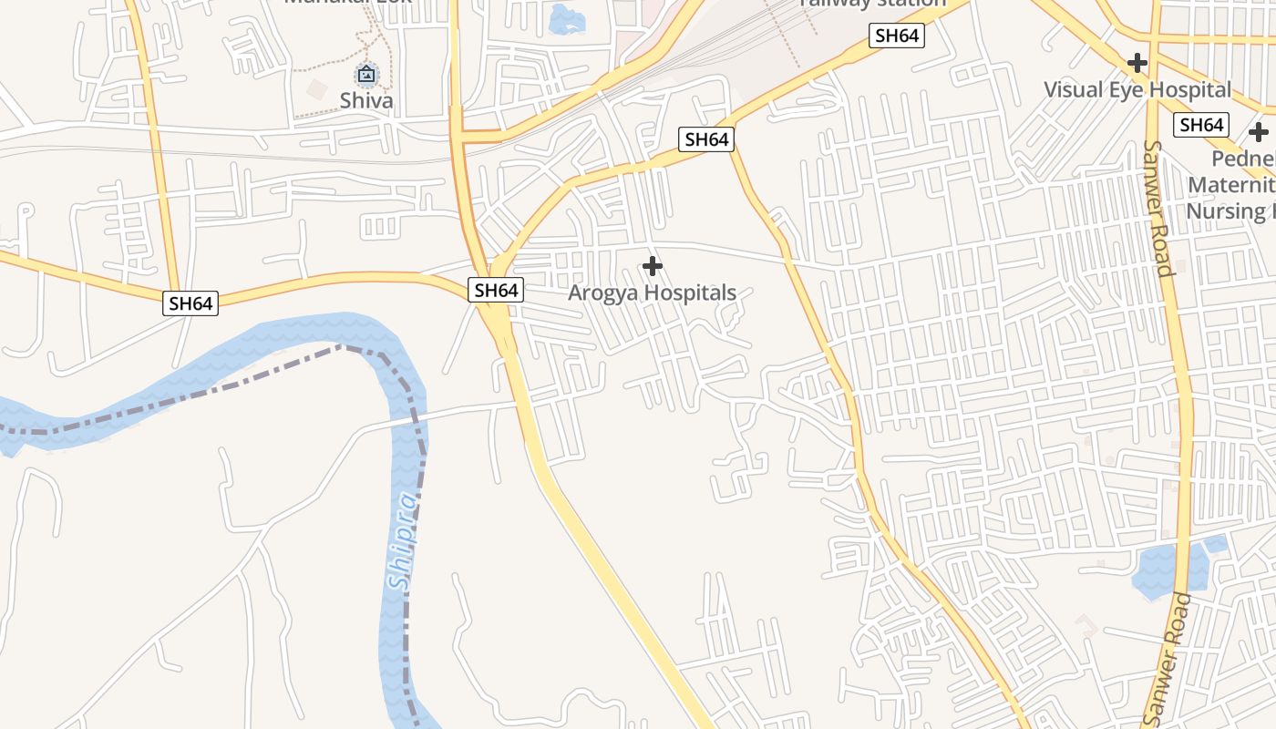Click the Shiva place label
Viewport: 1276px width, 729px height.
[x=366, y=100]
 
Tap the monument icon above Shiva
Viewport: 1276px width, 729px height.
[x=366, y=74]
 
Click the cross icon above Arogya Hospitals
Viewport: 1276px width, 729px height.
[x=653, y=266]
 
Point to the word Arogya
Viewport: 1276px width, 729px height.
[x=602, y=293]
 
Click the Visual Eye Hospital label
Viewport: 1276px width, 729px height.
[x=1137, y=90]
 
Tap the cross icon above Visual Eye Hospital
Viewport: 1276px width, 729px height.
[x=1137, y=63]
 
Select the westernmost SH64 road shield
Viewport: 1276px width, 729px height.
[x=190, y=303]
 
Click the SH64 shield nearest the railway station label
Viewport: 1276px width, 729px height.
[x=897, y=36]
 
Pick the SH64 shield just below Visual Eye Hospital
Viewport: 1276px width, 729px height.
[x=1200, y=125]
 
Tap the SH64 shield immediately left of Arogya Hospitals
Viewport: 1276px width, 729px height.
[x=496, y=291]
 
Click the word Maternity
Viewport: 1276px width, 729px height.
[x=1230, y=185]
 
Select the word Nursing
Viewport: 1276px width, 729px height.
[x=1226, y=211]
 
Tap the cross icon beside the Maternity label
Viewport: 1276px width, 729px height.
[x=1259, y=132]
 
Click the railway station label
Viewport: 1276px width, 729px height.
[x=872, y=4]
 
